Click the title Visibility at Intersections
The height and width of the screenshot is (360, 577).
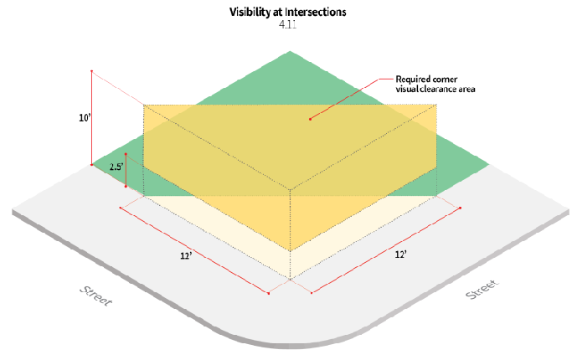pos(288,13)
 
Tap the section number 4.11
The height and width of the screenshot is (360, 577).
pos(288,26)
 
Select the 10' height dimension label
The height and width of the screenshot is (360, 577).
pos(85,119)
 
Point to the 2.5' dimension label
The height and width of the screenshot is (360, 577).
pos(116,167)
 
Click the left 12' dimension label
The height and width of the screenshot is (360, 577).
pos(187,255)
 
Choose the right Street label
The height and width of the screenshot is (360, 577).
pos(481,290)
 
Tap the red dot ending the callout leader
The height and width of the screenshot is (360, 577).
pos(310,119)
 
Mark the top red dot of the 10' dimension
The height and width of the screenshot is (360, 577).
pos(92,71)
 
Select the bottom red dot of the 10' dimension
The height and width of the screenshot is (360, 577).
pos(92,165)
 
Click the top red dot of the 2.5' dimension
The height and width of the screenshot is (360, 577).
pos(126,154)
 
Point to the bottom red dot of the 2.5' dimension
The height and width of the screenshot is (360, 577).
pos(126,186)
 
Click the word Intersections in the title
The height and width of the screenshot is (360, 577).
pos(316,13)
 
